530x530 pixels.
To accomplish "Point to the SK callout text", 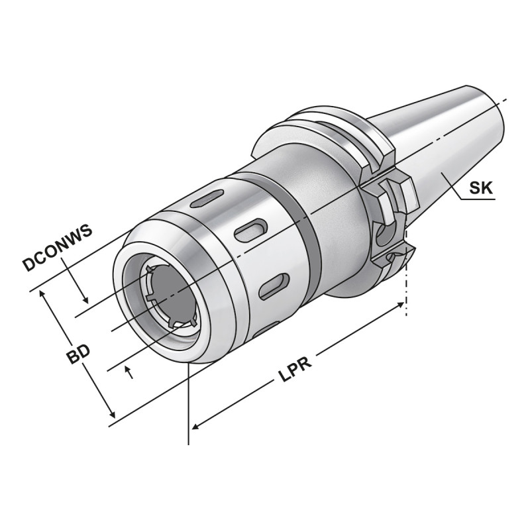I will pyautogui.click(x=481, y=188).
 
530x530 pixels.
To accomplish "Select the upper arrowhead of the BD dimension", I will pyautogui.click(x=45, y=295).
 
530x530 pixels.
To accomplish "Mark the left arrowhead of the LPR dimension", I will pyautogui.click(x=195, y=427).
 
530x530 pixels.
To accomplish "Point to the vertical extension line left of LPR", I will pyautogui.click(x=190, y=404).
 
